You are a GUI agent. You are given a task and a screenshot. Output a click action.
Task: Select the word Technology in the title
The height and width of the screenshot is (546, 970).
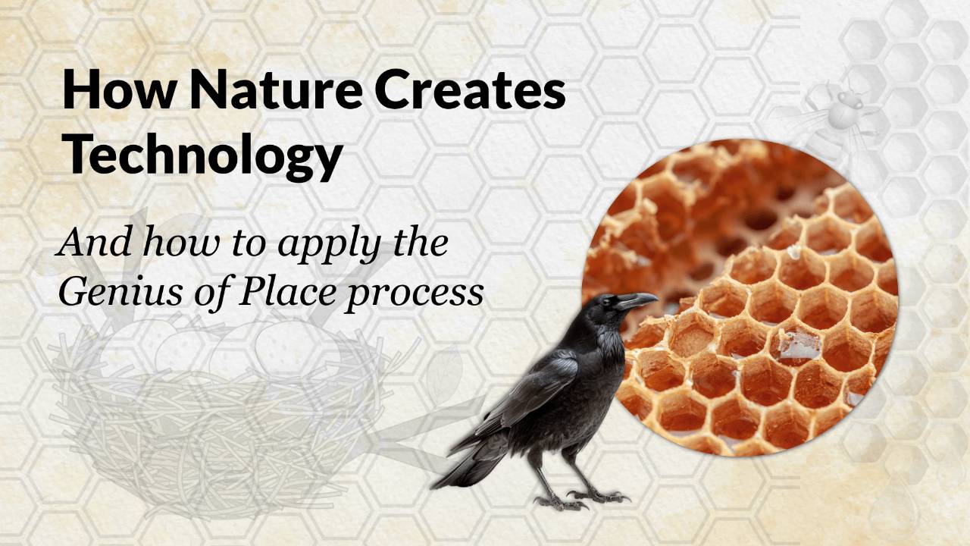(x=202, y=154)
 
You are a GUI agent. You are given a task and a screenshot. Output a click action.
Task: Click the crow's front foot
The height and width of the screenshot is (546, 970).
(x=599, y=497)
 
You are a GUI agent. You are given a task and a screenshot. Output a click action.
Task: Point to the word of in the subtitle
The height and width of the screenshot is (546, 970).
(x=211, y=292)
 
